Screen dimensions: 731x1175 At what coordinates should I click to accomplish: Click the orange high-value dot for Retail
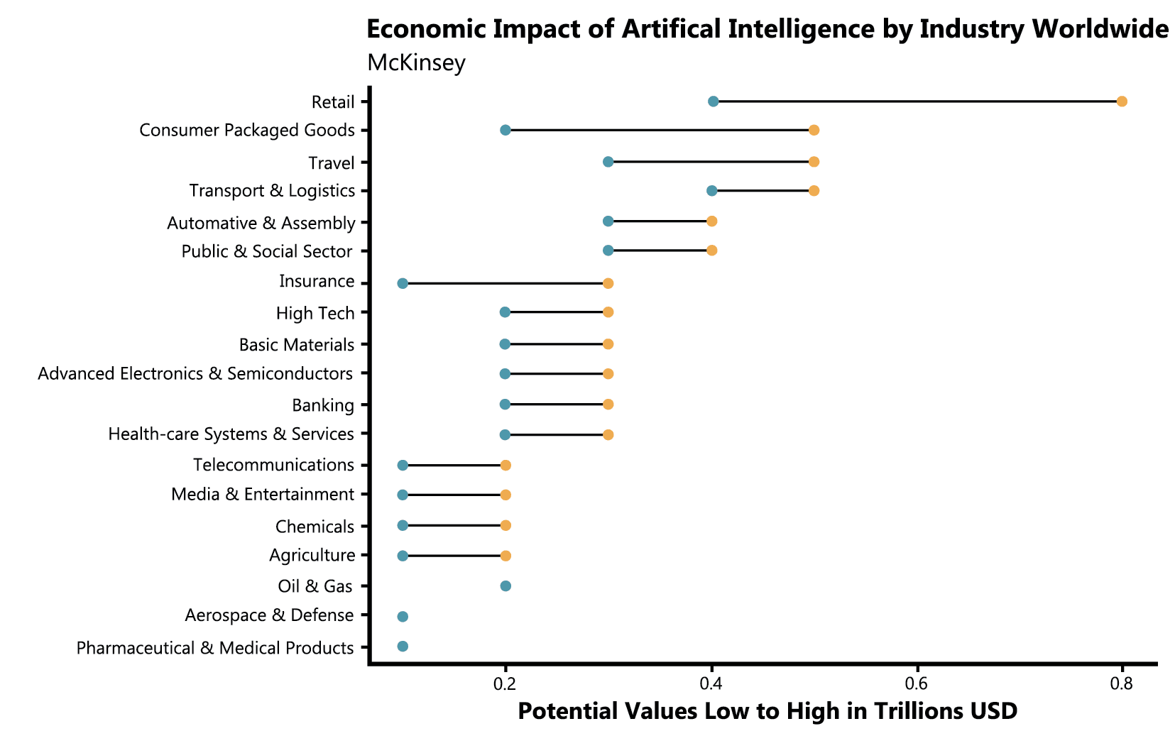[x=1122, y=101]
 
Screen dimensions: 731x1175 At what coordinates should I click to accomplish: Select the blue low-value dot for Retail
[x=714, y=101]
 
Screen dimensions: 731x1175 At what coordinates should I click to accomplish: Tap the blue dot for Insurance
[x=403, y=283]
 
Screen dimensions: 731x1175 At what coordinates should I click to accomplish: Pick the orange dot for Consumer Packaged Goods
[x=814, y=130]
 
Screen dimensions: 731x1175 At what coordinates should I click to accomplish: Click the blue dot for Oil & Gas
[x=505, y=586]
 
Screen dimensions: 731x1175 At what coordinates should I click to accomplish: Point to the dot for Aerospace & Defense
[x=403, y=616]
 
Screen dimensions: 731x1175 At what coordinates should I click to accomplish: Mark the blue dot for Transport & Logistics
[x=712, y=190]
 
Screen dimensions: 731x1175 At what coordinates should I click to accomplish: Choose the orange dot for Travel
[x=814, y=162]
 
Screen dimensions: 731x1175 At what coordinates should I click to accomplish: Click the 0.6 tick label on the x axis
[x=917, y=683]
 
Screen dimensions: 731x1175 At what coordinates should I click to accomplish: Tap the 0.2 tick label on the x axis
[x=505, y=683]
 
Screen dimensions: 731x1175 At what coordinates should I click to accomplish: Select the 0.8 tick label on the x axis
[x=1122, y=683]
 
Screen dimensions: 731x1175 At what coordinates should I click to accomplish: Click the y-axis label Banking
[x=323, y=405]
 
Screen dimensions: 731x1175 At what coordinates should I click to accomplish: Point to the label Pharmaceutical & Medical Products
[x=215, y=648]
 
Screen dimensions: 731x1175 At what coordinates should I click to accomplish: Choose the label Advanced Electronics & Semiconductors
[x=195, y=373]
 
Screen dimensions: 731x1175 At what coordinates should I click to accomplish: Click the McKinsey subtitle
[x=416, y=62]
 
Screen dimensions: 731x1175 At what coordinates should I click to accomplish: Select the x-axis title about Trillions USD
[x=767, y=710]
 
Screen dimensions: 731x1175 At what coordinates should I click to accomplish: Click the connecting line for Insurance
[x=505, y=283]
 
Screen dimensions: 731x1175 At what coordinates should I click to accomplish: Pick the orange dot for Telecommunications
[x=505, y=466]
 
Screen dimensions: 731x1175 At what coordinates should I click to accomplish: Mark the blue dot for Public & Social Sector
[x=608, y=251]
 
